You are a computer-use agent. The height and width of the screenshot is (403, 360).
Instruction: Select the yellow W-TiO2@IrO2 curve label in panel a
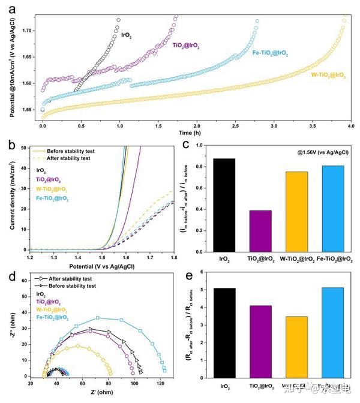tap(328, 75)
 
